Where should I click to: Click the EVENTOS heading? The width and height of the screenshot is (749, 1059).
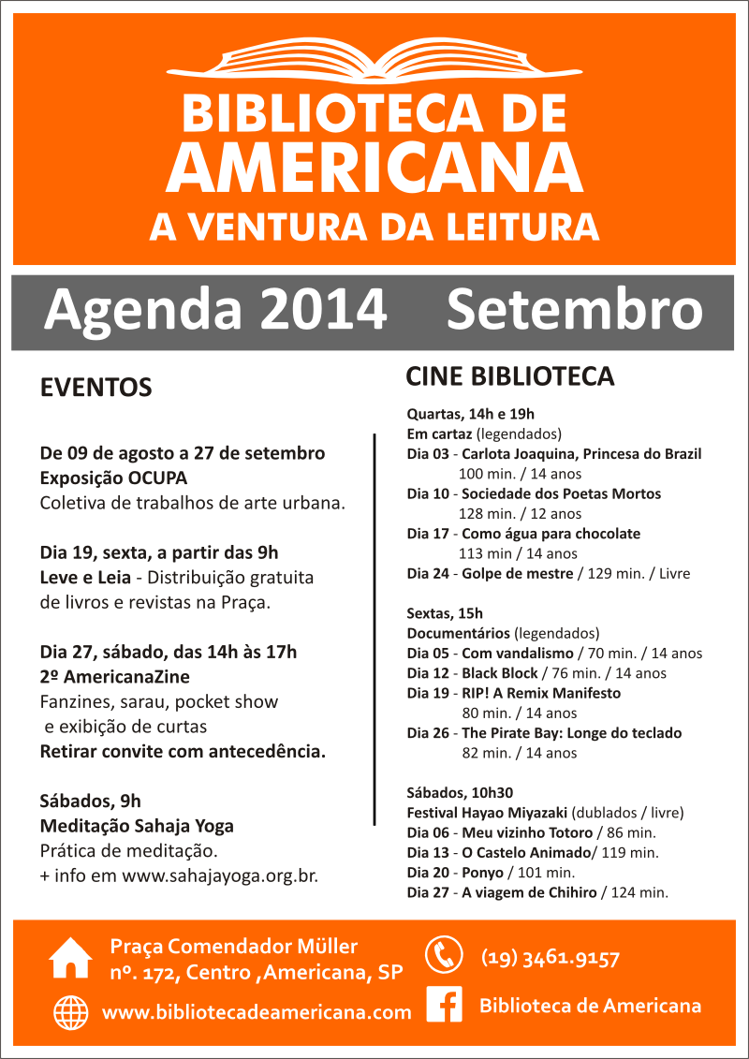click(x=95, y=388)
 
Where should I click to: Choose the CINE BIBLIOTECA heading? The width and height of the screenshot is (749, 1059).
click(x=509, y=376)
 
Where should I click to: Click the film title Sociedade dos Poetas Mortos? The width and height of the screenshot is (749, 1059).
click(x=561, y=493)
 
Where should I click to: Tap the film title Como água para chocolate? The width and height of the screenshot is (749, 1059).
click(x=551, y=534)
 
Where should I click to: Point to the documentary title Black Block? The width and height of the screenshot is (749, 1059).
click(x=499, y=673)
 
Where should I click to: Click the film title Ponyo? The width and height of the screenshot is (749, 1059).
click(x=482, y=873)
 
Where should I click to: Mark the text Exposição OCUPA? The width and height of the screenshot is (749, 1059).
click(x=113, y=477)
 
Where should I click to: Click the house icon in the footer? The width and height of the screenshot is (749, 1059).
click(x=71, y=957)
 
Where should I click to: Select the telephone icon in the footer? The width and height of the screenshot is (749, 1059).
click(x=444, y=955)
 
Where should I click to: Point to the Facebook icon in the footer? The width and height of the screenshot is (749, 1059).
click(x=445, y=1005)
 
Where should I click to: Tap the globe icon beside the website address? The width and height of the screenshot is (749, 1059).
click(x=71, y=1012)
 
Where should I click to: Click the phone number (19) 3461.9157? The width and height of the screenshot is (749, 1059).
click(x=551, y=958)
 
